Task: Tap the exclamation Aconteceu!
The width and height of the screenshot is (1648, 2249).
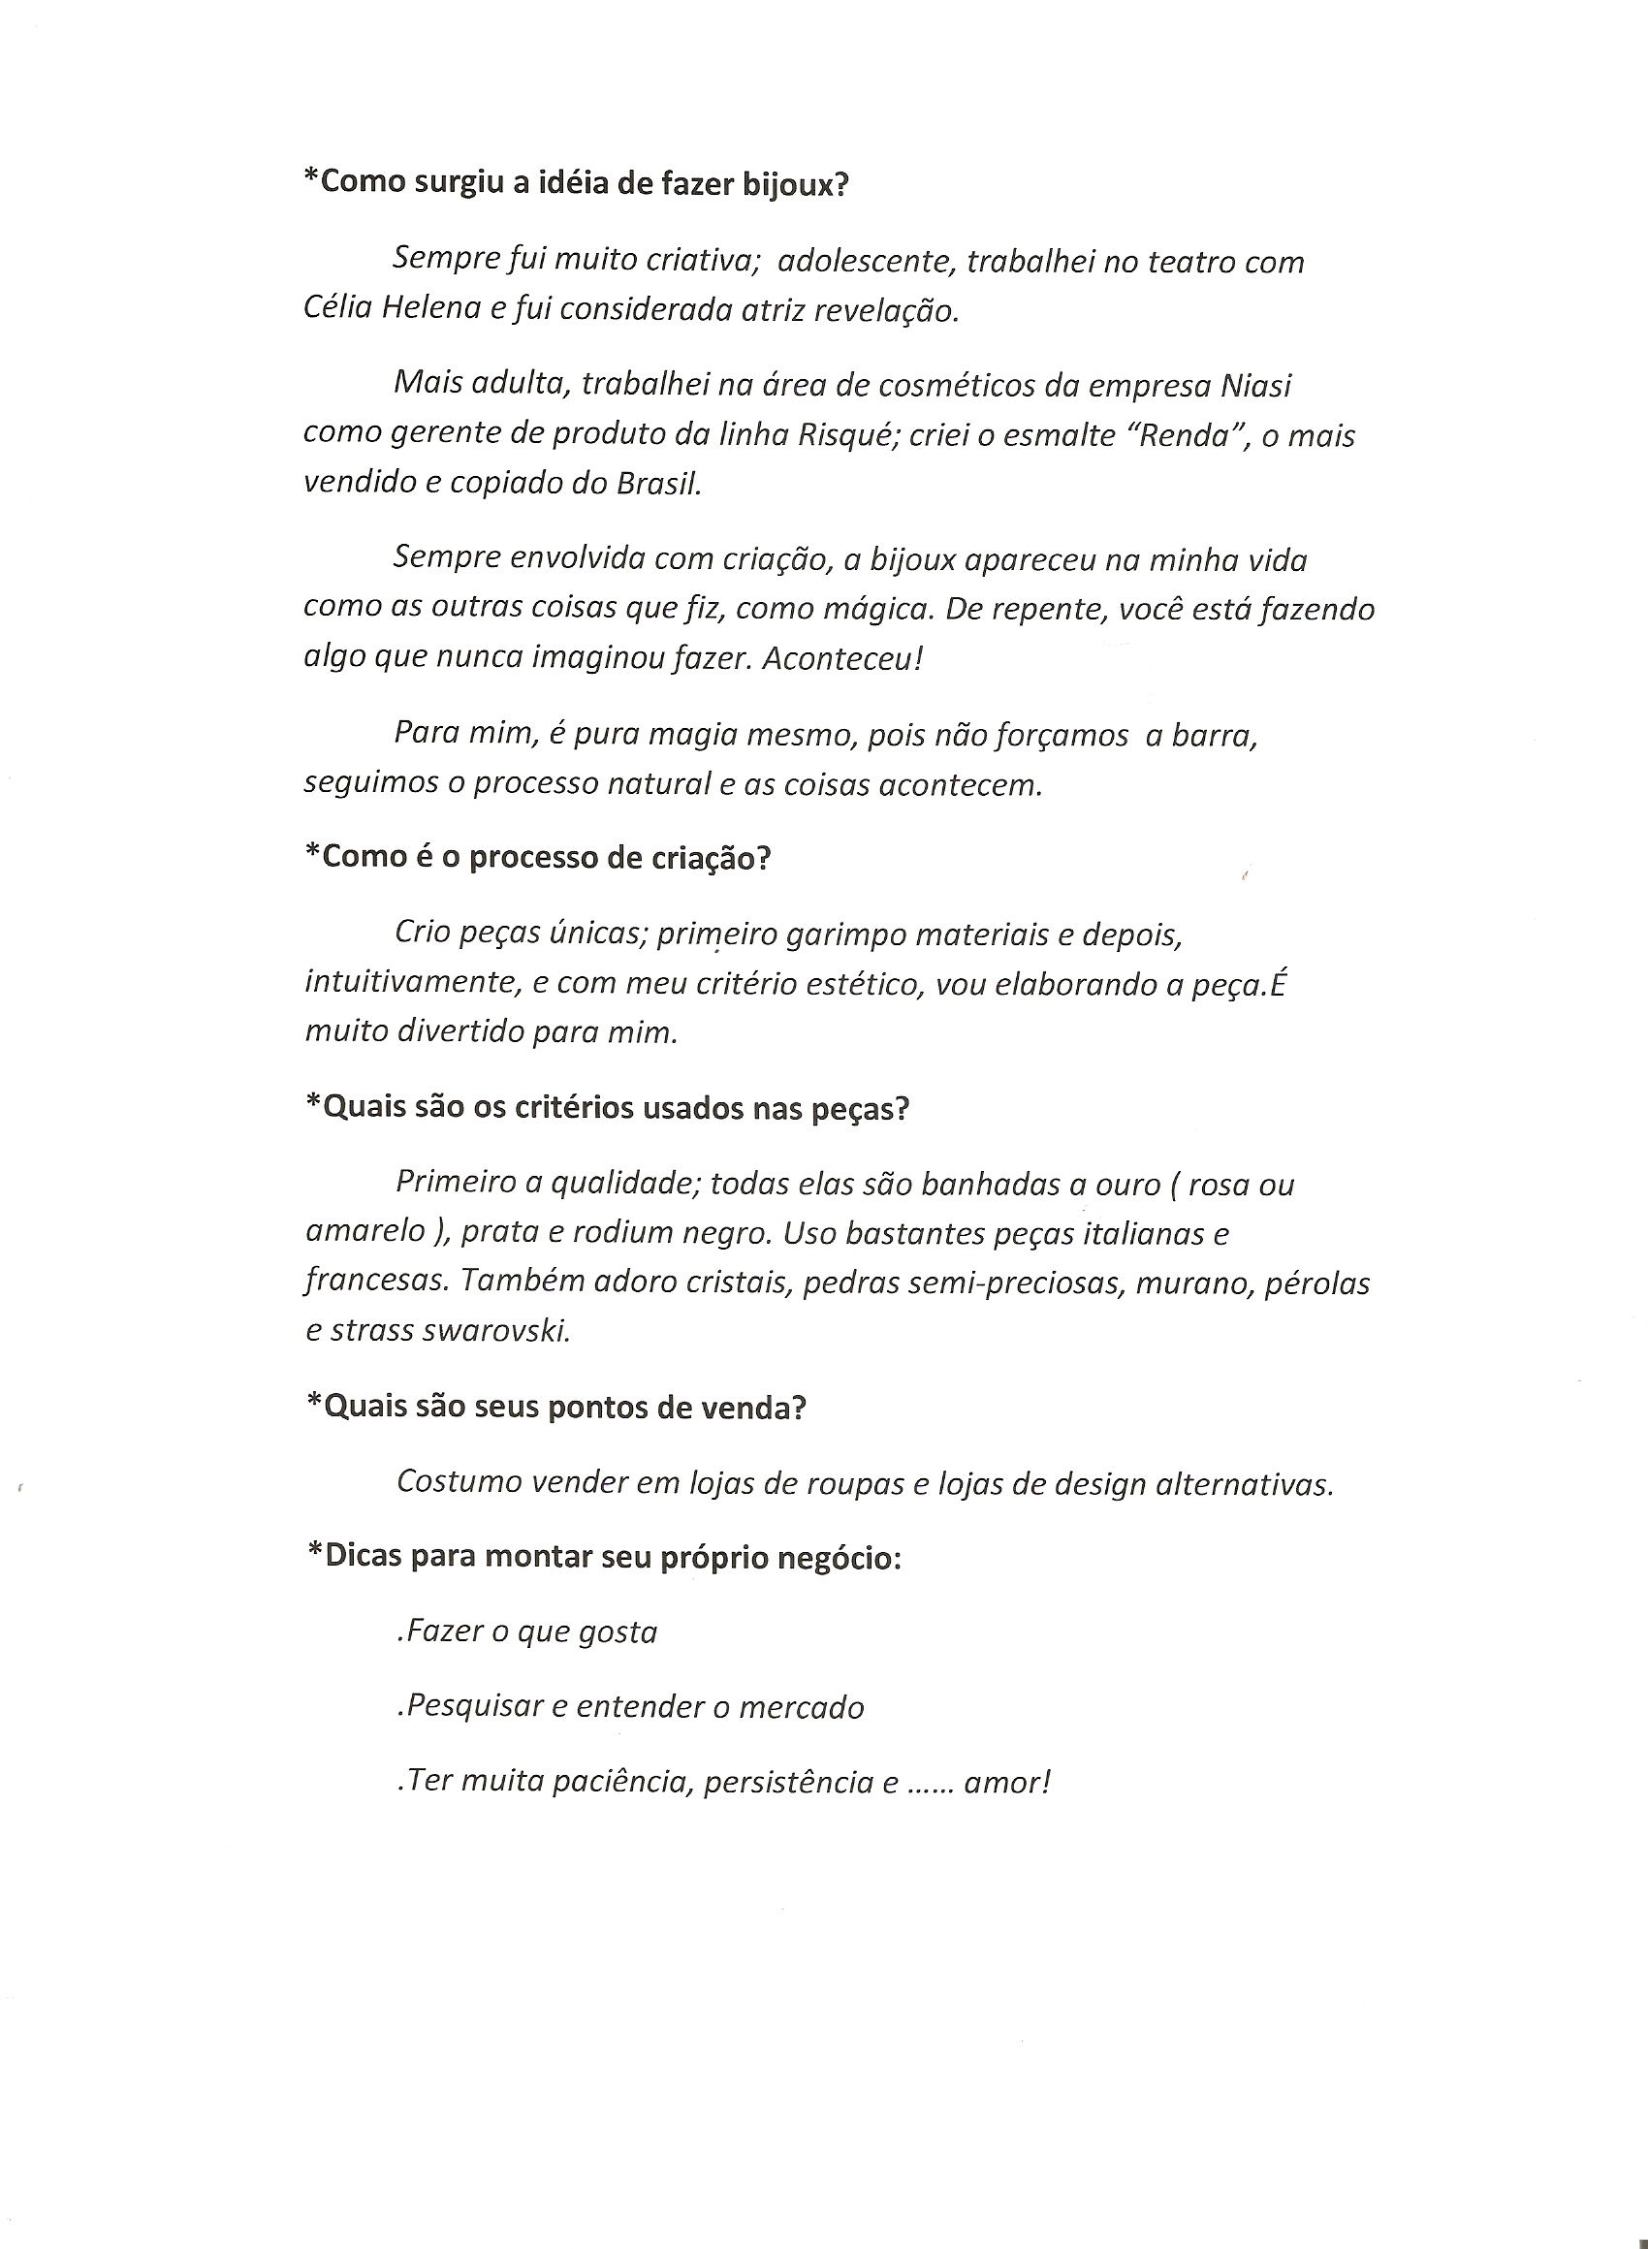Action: tap(843, 658)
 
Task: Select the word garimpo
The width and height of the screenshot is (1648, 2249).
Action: tap(849, 934)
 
